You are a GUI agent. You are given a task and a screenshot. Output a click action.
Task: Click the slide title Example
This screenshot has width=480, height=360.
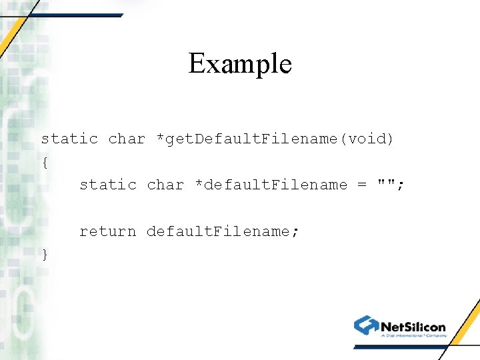pos(240,64)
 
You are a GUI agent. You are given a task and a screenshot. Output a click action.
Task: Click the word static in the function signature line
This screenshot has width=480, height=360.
pos(69,139)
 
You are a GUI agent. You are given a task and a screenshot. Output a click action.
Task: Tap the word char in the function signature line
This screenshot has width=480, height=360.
pos(127,139)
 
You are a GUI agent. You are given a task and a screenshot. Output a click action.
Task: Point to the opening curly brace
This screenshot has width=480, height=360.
pos(45,162)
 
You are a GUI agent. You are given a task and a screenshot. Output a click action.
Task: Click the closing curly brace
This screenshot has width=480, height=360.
pos(45,254)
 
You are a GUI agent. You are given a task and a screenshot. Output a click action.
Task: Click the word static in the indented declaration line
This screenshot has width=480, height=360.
pos(108,185)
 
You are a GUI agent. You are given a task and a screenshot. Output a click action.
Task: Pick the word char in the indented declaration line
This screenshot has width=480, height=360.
pos(165,185)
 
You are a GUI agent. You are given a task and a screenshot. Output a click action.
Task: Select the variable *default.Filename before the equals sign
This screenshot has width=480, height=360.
pos(271,185)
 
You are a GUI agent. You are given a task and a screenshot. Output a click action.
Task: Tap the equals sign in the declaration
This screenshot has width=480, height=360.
pos(362,185)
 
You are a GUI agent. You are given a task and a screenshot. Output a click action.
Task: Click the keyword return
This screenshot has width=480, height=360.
pos(108,231)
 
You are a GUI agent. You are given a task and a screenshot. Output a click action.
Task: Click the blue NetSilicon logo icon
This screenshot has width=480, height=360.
pos(366,325)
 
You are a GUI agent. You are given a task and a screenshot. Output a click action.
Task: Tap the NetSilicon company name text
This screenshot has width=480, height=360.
pos(413,327)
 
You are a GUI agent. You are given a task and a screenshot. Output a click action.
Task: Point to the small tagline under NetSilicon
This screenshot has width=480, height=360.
pos(413,336)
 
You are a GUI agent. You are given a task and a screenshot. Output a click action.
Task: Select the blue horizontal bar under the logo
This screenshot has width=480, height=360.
pos(400,347)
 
